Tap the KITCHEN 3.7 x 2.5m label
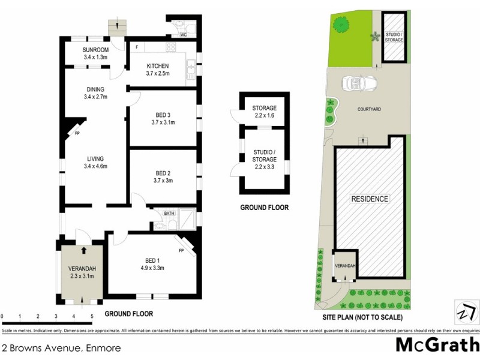click(157, 70)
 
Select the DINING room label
click(95, 93)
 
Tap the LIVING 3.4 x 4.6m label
click(95, 163)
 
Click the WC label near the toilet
click(175, 34)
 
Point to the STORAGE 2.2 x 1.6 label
click(264, 112)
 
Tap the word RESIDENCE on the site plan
click(370, 199)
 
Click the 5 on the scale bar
click(92, 316)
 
